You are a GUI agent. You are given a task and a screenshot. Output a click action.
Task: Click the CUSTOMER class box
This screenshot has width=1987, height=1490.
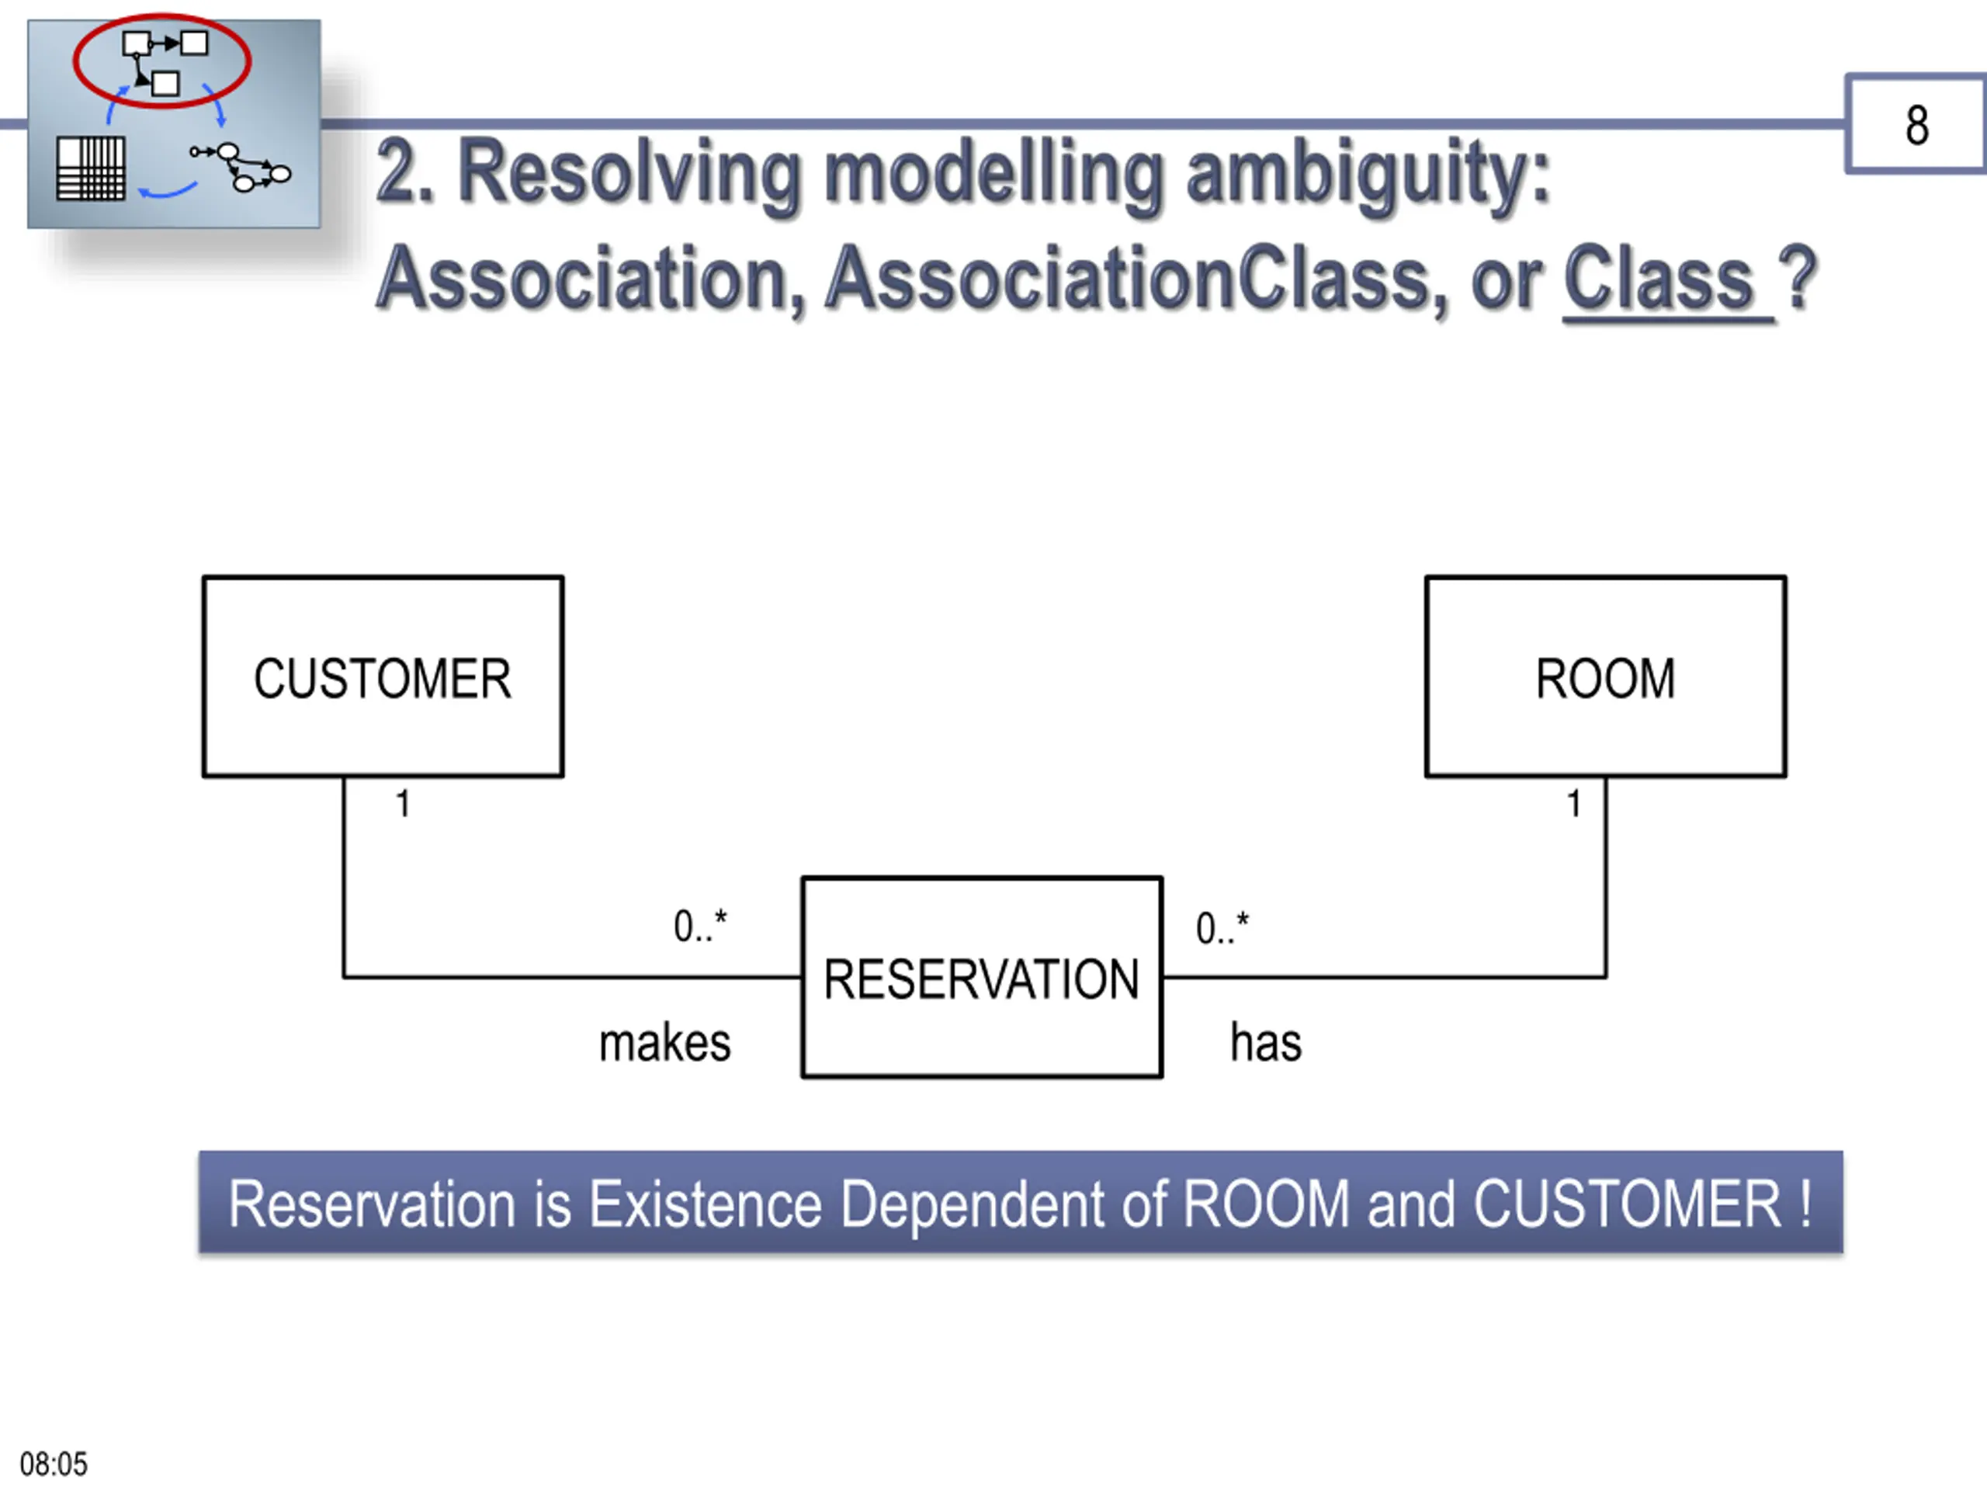(x=383, y=676)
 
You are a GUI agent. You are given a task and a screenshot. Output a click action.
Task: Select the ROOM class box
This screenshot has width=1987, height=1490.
(x=1605, y=676)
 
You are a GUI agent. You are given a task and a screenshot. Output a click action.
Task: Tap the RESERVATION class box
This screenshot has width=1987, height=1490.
(x=982, y=977)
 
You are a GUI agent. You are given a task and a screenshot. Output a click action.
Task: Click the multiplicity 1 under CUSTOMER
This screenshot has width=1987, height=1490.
(x=404, y=804)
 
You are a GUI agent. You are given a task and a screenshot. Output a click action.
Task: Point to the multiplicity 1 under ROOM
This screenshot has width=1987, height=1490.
(x=1574, y=804)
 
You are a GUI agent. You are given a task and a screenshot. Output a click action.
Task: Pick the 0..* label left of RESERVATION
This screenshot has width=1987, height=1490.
(x=701, y=926)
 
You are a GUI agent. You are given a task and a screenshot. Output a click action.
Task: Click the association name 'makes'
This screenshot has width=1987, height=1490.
(x=664, y=1043)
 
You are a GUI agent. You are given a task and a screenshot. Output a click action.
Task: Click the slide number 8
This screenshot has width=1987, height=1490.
(x=1917, y=125)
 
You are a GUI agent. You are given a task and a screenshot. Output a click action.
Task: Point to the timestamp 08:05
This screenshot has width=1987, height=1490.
(x=54, y=1464)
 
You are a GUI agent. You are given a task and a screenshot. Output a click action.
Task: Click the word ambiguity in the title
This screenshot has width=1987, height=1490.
(x=1368, y=175)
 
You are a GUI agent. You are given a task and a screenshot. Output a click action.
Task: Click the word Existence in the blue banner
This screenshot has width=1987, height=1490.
(x=705, y=1204)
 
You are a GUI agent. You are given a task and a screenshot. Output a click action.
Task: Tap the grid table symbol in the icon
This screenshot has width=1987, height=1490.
(x=91, y=168)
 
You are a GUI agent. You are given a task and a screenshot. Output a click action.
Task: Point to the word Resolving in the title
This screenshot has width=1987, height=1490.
(x=633, y=175)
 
